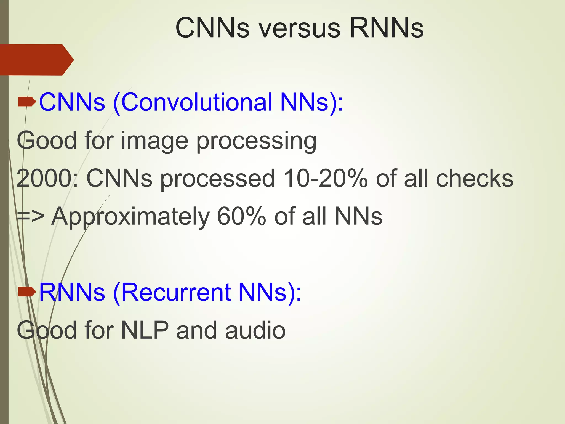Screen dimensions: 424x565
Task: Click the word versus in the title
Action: [300, 28]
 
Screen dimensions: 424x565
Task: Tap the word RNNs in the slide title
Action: [386, 28]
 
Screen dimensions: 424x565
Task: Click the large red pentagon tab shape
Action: [36, 60]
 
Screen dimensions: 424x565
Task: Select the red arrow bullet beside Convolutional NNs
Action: [27, 102]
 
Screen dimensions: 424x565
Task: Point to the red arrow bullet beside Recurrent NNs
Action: [27, 292]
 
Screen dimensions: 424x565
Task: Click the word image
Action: [155, 141]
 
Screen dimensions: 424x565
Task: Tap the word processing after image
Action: [256, 141]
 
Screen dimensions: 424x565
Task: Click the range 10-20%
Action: [325, 179]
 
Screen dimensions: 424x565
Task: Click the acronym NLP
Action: [145, 330]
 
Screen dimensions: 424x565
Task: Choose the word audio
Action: [255, 330]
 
